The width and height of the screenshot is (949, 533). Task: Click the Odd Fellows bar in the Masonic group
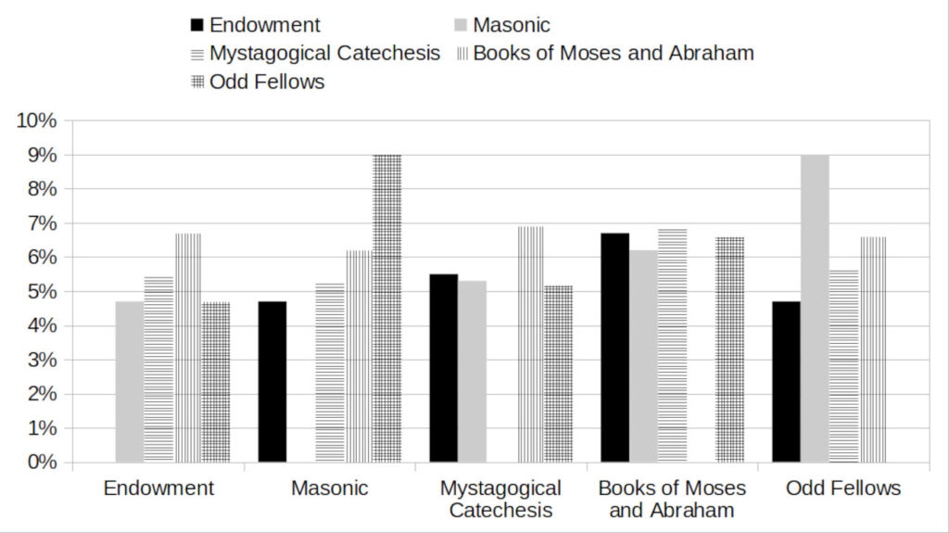[x=387, y=309]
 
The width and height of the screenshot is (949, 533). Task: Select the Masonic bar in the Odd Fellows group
[x=815, y=309]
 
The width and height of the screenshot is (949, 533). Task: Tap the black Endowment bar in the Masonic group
[x=272, y=382]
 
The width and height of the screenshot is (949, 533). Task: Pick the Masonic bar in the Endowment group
[x=130, y=382]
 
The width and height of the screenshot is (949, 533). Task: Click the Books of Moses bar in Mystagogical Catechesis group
[x=530, y=344]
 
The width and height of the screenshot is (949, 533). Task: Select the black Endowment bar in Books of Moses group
[x=615, y=348]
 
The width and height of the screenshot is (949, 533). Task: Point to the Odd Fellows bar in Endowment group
[x=216, y=382]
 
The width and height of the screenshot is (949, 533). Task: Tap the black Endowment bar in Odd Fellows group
[x=786, y=382]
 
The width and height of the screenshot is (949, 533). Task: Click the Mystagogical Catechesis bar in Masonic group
[x=330, y=373]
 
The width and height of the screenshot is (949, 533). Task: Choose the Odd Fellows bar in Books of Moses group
[x=729, y=349]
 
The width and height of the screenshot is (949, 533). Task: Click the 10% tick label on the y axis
[x=38, y=121]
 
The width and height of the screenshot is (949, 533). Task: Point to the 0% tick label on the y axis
[x=43, y=462]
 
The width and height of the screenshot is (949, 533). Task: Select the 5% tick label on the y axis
[x=43, y=291]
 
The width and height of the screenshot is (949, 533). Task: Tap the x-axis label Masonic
[x=330, y=488]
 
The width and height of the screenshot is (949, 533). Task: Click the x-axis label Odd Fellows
[x=843, y=488]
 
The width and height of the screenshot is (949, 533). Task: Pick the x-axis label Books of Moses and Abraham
[x=672, y=499]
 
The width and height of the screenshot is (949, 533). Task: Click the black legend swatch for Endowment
[x=196, y=26]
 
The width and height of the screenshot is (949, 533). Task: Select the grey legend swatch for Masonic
[x=461, y=26]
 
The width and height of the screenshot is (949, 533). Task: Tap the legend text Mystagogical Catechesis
[x=324, y=53]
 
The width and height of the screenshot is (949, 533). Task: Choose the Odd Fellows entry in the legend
[x=267, y=82]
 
